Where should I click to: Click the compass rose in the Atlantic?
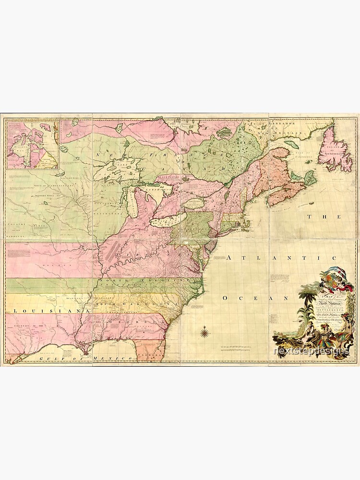click(x=204, y=332)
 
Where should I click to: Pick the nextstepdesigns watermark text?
click(x=311, y=352)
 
